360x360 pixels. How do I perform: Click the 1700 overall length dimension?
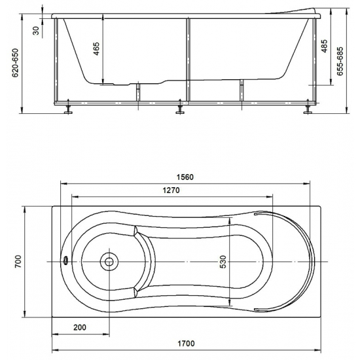186,344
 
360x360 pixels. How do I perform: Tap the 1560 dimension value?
185,177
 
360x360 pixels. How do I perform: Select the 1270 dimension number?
171,190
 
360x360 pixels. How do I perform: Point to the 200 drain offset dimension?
80,327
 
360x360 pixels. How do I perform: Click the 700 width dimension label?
18,261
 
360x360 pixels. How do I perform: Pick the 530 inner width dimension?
223,262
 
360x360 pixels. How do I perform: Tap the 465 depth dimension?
96,48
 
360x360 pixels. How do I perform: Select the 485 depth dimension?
324,46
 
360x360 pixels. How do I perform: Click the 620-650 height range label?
15,63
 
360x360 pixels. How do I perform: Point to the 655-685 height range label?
340,61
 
